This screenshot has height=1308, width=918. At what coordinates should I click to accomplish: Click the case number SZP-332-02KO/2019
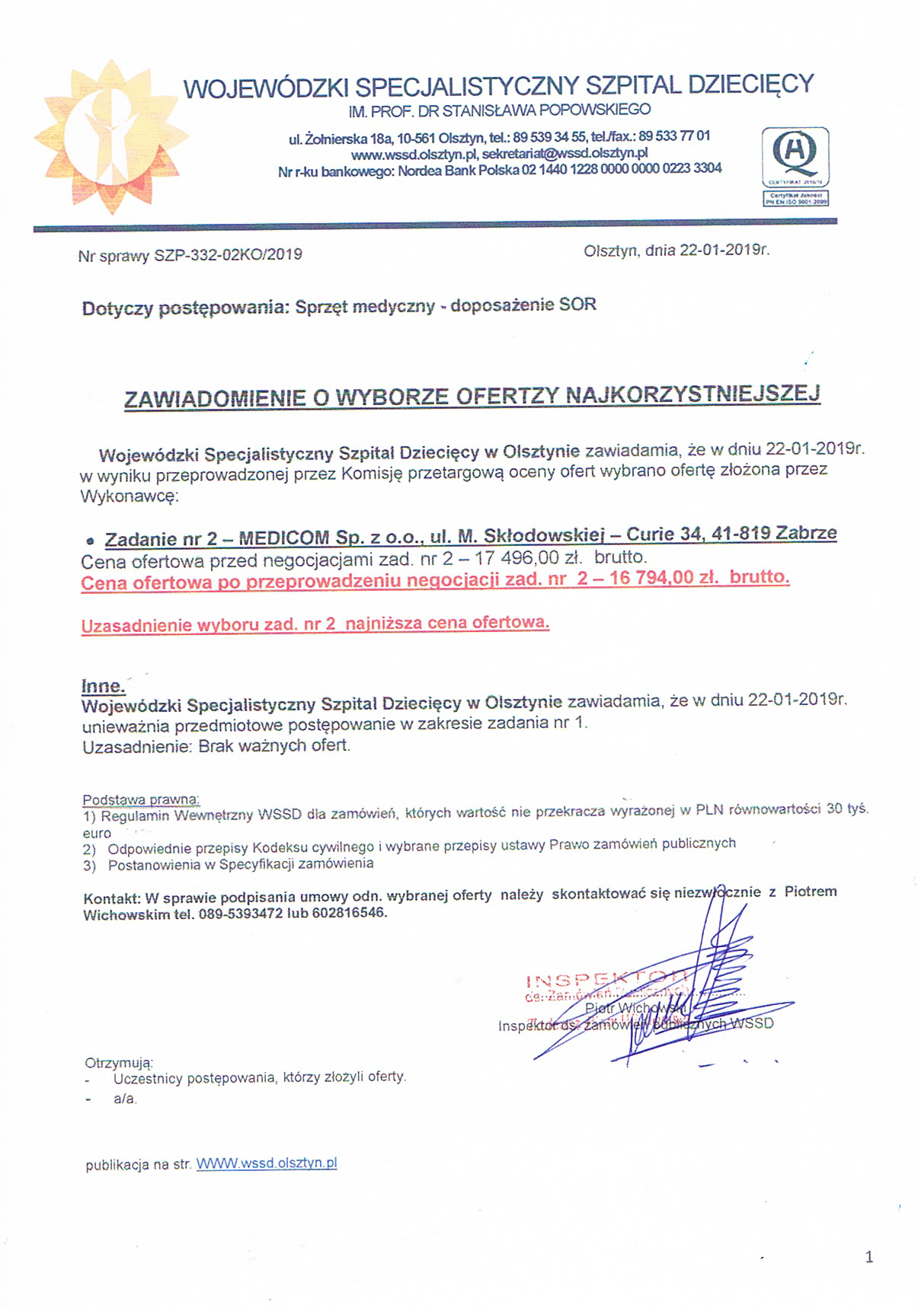coord(228,255)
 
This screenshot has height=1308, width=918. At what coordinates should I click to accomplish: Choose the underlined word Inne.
coord(103,685)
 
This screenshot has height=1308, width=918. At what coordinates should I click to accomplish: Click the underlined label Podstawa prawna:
coord(141,799)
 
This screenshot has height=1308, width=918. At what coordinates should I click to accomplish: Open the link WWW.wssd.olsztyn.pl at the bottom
coord(267,1163)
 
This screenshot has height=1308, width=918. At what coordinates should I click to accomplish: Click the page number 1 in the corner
coord(869,1257)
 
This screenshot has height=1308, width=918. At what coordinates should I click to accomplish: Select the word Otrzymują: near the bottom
coord(119,1063)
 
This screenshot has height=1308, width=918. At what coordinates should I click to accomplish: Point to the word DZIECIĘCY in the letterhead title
coord(750,84)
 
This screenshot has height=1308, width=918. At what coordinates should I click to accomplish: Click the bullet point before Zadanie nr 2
coord(90,541)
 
